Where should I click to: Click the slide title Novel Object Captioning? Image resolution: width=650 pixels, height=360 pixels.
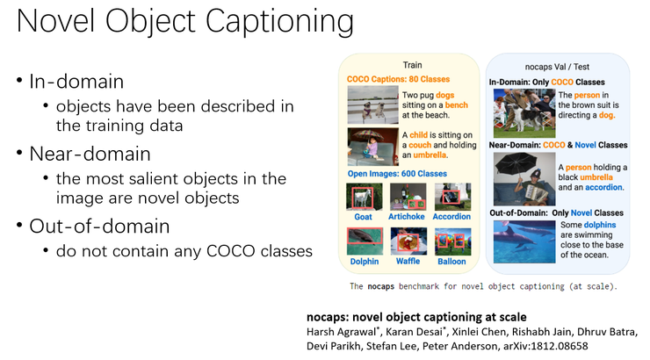185,21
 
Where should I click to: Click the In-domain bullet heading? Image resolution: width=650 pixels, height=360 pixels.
76,81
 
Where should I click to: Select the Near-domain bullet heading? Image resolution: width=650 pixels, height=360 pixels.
90,154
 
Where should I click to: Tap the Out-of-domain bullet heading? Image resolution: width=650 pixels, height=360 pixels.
99,227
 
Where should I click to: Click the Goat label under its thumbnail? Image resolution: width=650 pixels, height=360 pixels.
363,217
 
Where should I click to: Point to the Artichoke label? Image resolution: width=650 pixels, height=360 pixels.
406,216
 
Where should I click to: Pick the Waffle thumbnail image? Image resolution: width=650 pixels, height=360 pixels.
408,241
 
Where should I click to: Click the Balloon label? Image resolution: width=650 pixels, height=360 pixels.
451,262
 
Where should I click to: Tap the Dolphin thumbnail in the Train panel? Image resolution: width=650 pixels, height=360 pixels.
365,241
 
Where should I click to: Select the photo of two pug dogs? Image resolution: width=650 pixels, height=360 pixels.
372,104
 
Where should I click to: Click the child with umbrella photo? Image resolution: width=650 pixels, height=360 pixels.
372,147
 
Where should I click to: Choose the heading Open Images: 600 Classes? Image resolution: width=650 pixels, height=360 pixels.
397,174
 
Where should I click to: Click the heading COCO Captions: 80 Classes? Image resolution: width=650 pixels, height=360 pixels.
398,79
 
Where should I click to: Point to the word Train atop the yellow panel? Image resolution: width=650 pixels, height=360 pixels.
412,65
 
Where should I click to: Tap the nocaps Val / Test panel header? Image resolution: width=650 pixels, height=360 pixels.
557,67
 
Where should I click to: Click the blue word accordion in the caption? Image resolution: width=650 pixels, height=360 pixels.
603,187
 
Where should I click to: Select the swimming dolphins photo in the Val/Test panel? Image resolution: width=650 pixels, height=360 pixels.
524,241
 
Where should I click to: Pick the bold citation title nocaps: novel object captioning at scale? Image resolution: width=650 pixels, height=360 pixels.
416,317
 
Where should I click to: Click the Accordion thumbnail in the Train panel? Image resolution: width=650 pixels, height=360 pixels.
452,197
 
